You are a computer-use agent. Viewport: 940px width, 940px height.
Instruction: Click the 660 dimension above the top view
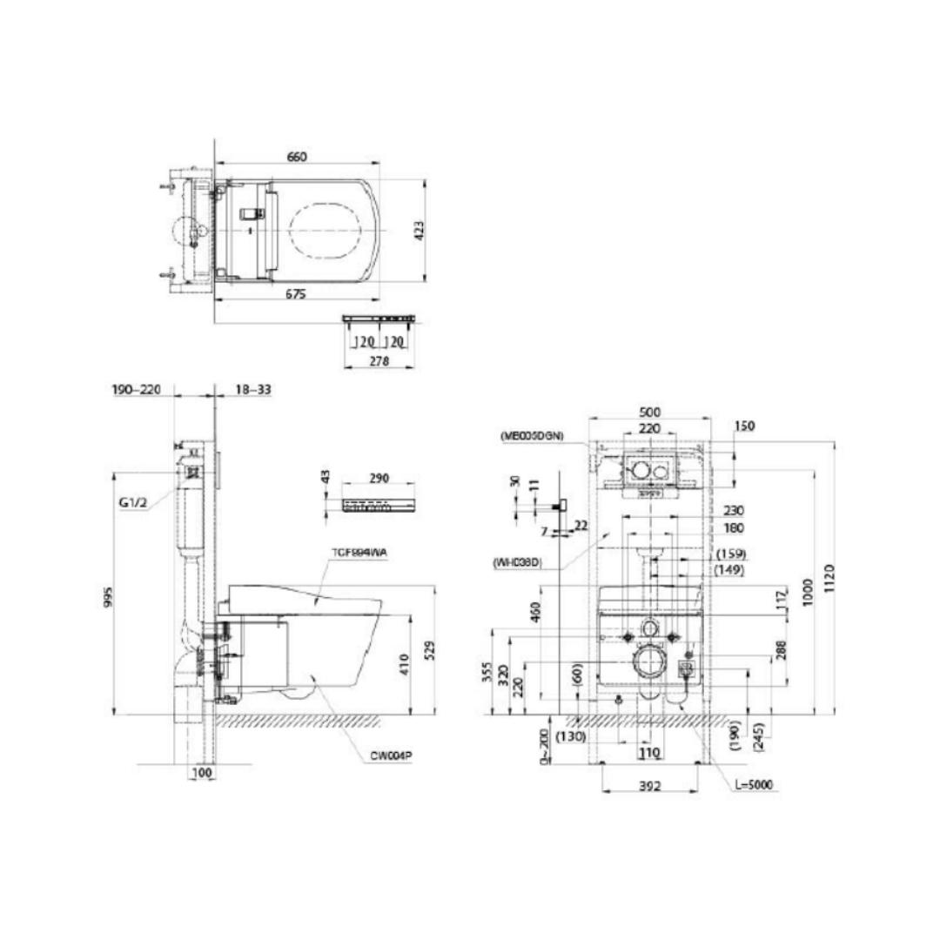click(x=297, y=157)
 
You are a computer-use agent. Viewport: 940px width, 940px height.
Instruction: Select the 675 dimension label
click(x=296, y=295)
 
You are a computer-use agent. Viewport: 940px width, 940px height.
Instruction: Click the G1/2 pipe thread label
click(x=132, y=503)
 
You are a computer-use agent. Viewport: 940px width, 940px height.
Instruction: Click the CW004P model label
click(x=390, y=756)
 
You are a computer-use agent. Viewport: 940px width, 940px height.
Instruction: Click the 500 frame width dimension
click(x=649, y=411)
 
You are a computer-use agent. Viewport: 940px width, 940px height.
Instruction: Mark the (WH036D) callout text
click(x=516, y=562)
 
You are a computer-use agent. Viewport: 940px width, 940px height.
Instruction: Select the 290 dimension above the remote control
click(x=379, y=478)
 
